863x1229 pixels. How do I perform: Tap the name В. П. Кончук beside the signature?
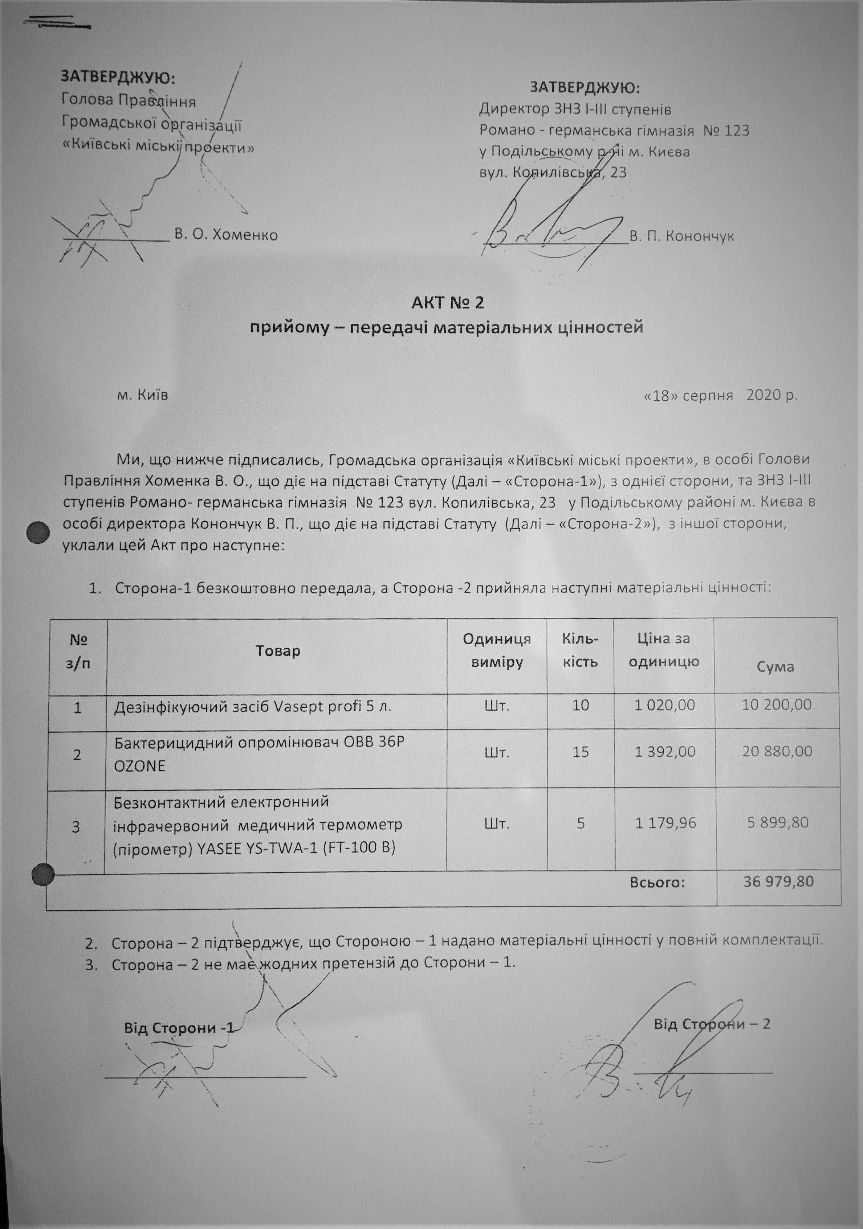[681, 236]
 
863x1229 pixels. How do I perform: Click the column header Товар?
[278, 651]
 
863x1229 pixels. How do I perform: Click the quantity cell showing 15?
[581, 752]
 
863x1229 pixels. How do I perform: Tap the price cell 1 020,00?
[664, 705]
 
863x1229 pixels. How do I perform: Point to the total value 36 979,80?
[778, 881]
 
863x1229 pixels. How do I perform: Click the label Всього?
[658, 882]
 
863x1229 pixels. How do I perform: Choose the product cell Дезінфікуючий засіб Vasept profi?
[253, 707]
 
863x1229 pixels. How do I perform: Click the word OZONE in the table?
[140, 765]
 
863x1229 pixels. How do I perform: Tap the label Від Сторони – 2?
[712, 1024]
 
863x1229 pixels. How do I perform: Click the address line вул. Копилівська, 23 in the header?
[553, 172]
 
